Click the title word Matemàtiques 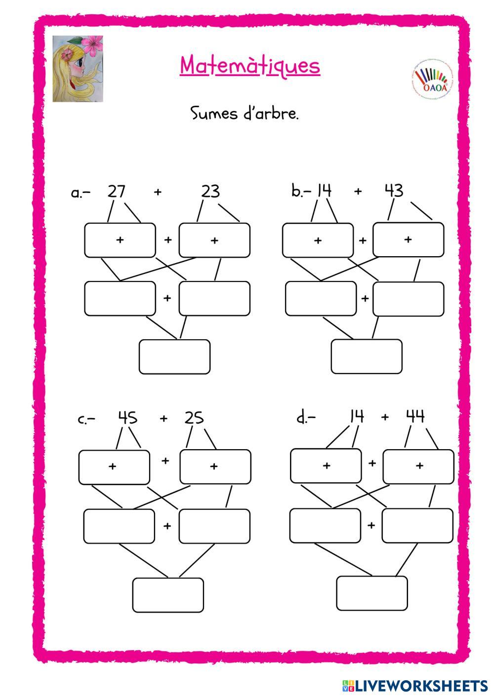pos(250,66)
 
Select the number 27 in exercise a pos(116,191)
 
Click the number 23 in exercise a pos(210,191)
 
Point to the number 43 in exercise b pos(394,190)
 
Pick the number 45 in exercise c pos(127,418)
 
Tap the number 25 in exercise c pos(194,418)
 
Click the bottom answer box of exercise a pos(174,356)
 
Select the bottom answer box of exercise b pos(366,356)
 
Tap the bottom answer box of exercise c pos(168,595)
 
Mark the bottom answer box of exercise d pos(372,593)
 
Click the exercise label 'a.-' pos(81,193)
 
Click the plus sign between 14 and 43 pos(358,191)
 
